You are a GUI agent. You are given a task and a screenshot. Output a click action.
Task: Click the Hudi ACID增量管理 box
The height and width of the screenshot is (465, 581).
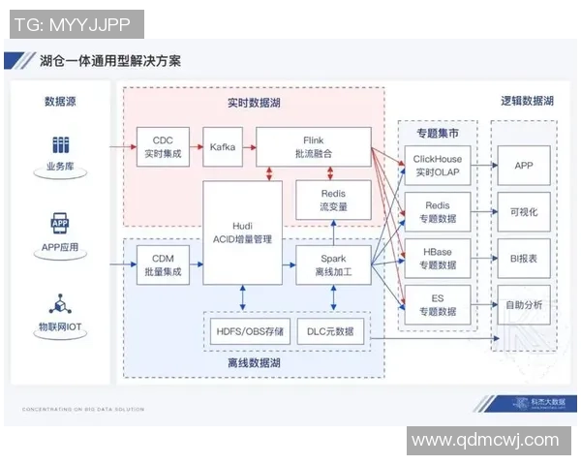(242, 232)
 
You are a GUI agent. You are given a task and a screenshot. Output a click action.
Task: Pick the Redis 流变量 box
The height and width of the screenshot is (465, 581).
(332, 200)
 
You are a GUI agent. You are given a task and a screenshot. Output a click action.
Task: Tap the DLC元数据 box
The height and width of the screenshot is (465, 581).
(330, 332)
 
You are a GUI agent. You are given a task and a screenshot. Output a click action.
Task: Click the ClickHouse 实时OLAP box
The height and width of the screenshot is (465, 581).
(438, 166)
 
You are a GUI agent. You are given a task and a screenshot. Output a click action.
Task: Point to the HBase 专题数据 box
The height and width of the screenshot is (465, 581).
(438, 258)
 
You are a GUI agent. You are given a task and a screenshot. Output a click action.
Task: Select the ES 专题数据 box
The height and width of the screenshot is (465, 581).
(438, 304)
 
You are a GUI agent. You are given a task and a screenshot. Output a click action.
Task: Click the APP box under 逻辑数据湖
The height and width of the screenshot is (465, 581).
(524, 166)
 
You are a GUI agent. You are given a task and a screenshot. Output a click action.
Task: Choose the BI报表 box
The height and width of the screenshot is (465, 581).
(524, 258)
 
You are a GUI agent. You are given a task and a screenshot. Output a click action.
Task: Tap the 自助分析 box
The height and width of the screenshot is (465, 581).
(524, 304)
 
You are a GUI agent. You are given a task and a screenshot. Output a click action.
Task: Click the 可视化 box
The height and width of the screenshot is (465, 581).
(524, 211)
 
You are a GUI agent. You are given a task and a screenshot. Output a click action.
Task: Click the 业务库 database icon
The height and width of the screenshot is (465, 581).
(60, 146)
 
